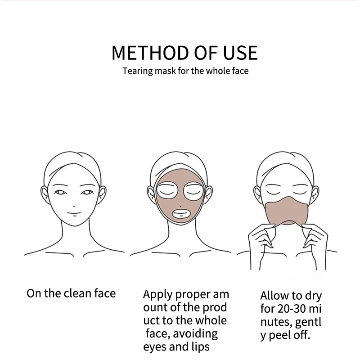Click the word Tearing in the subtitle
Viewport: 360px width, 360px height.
click(x=138, y=71)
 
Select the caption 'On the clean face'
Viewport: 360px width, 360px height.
click(x=71, y=294)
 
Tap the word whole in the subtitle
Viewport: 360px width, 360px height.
click(x=216, y=71)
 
